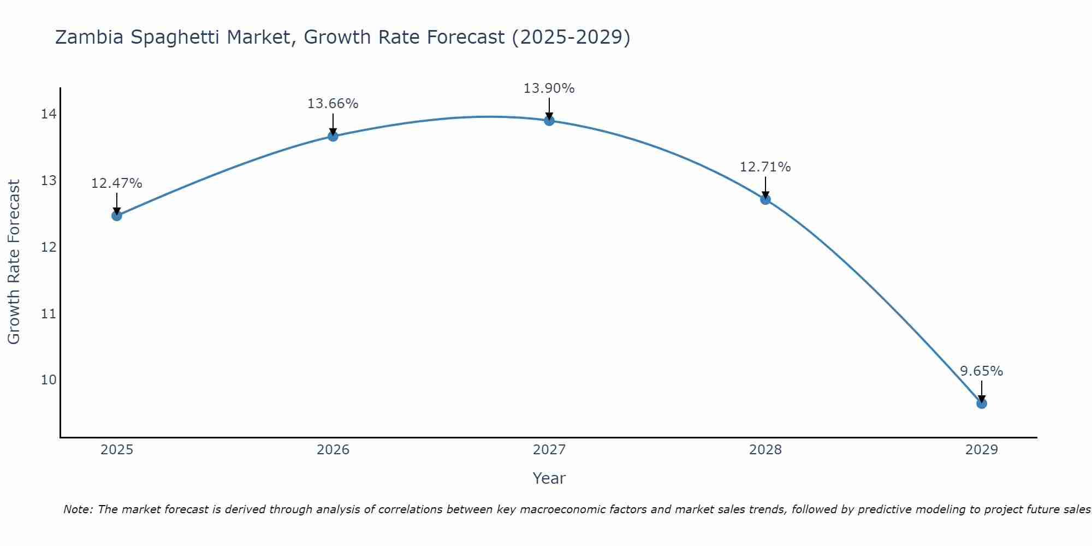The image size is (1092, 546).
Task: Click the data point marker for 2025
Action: (117, 216)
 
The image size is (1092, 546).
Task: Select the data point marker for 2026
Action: (333, 136)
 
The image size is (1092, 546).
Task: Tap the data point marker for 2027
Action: (549, 121)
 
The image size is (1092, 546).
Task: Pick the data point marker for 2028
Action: (765, 199)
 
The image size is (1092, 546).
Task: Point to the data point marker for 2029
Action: (982, 403)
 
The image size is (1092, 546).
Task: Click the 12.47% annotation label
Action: (116, 183)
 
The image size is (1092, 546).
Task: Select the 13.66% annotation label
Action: (333, 104)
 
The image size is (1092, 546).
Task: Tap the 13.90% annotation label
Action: (549, 88)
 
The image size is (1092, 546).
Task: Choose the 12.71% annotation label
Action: (765, 167)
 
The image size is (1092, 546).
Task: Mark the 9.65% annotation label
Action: (981, 371)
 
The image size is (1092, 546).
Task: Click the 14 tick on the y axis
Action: (49, 114)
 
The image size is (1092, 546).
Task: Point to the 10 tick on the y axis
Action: (49, 380)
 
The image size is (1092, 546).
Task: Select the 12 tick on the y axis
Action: (49, 247)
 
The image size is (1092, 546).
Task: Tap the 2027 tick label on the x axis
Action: (549, 450)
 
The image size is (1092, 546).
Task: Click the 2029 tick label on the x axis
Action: (982, 450)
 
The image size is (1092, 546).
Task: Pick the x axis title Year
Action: (549, 478)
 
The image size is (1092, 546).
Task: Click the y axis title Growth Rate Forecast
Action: (14, 262)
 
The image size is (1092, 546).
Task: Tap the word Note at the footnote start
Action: (78, 509)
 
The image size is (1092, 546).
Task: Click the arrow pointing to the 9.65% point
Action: (982, 391)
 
